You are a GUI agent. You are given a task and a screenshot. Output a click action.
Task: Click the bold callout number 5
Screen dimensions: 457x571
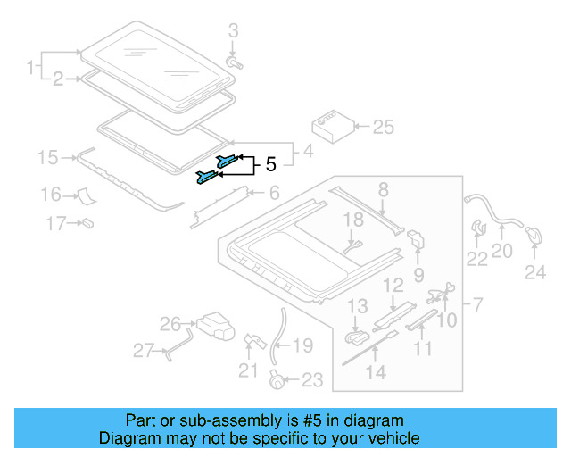pyautogui.click(x=271, y=164)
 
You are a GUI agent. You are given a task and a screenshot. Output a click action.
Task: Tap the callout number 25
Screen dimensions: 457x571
pyautogui.click(x=382, y=127)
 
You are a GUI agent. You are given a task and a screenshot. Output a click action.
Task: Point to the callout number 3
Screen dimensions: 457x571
pyautogui.click(x=234, y=32)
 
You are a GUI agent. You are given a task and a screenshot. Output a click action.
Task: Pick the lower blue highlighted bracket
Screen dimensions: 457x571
pyautogui.click(x=206, y=177)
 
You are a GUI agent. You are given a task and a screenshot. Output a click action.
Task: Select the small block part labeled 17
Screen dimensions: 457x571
pyautogui.click(x=88, y=222)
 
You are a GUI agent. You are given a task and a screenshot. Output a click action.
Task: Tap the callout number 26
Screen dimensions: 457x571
pyautogui.click(x=170, y=323)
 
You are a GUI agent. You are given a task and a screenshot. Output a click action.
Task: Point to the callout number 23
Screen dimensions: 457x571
pyautogui.click(x=310, y=380)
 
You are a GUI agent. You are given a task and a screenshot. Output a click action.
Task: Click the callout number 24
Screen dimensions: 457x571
pyautogui.click(x=534, y=273)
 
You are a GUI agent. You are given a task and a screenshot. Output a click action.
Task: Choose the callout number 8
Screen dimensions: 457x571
pyautogui.click(x=383, y=188)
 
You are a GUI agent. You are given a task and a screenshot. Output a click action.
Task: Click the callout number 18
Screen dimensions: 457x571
pyautogui.click(x=353, y=219)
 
